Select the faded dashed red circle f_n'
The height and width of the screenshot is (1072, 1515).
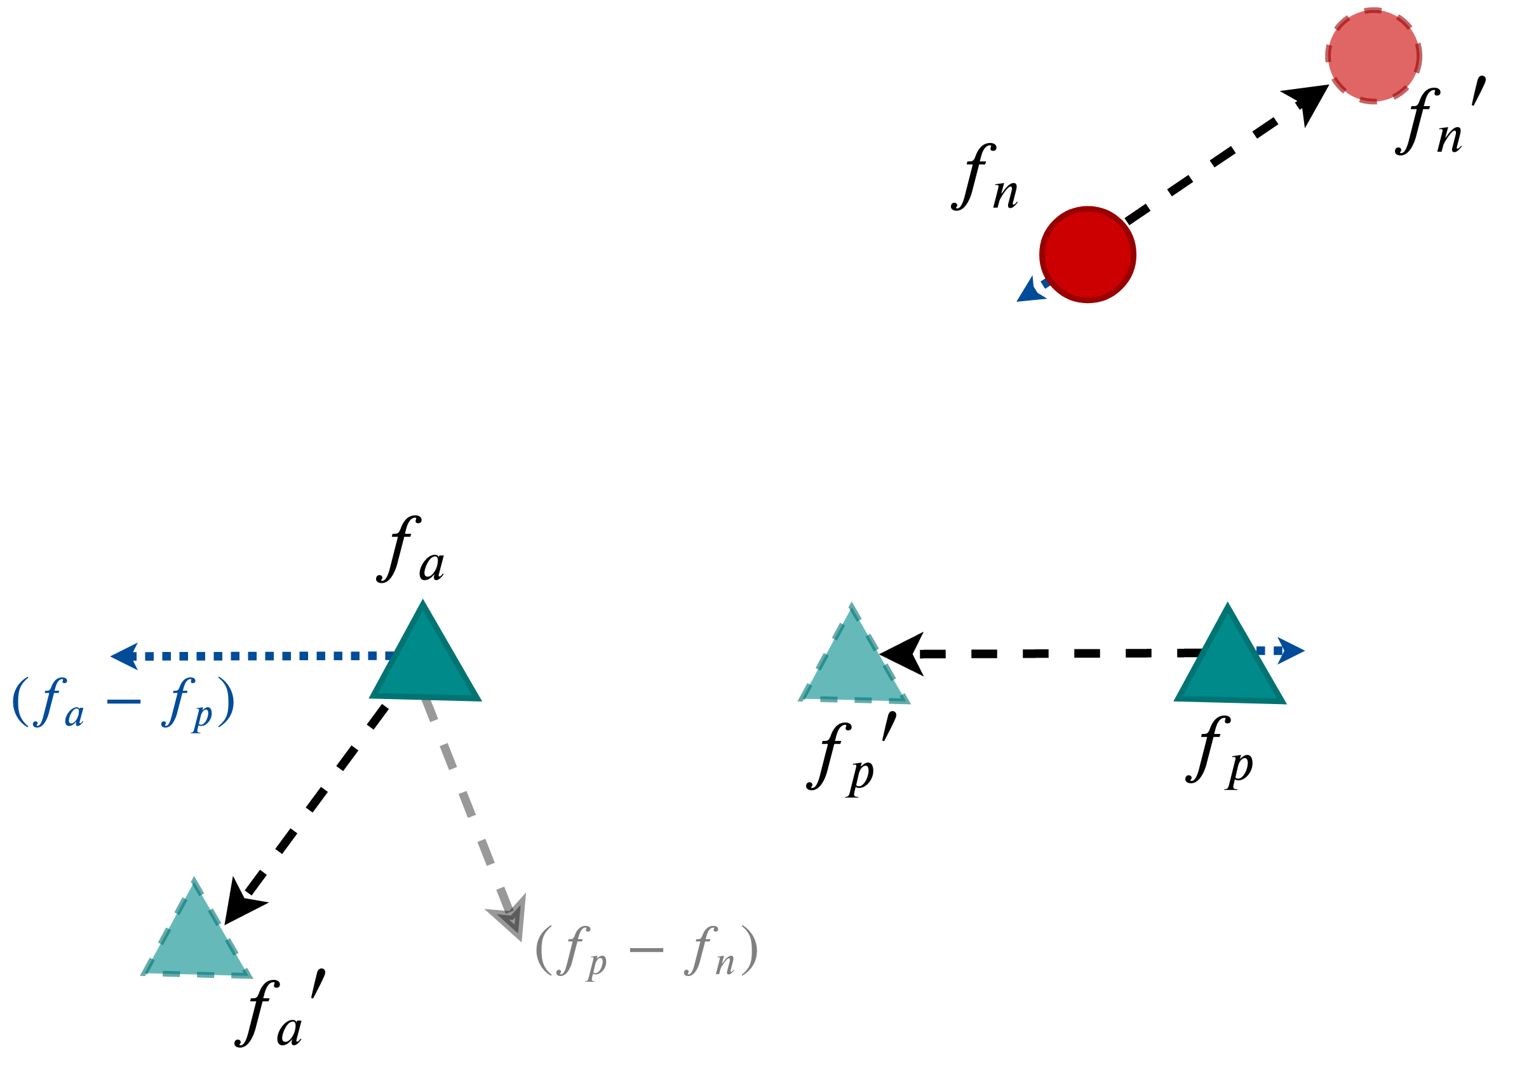tap(1373, 55)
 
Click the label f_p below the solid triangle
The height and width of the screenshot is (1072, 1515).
tap(1220, 752)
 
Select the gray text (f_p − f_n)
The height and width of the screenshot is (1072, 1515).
tap(647, 951)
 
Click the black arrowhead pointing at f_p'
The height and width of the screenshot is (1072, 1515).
tap(903, 654)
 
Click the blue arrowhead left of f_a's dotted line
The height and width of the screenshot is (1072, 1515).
tap(125, 656)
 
